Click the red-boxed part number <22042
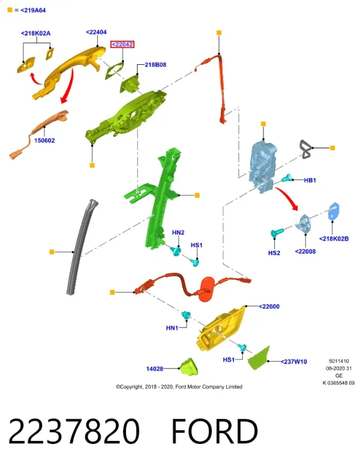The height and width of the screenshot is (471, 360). (122, 44)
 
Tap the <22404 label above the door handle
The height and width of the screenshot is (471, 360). (96, 32)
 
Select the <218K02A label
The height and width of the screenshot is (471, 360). (36, 34)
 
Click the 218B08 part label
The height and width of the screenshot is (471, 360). (155, 65)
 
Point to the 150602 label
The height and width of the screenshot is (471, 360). (44, 140)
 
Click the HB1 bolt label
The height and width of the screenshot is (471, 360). (310, 180)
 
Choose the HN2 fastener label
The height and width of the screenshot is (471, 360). (178, 232)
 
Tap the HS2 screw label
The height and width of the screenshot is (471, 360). (274, 253)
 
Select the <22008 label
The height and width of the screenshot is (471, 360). (305, 251)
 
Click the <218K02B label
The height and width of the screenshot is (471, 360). (334, 239)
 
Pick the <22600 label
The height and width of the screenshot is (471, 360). (269, 307)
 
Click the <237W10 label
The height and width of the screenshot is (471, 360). (293, 362)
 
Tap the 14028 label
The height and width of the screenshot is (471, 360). (154, 368)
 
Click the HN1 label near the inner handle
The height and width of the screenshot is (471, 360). (172, 328)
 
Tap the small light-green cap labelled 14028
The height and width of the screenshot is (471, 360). (188, 367)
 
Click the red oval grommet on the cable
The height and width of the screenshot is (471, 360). (208, 289)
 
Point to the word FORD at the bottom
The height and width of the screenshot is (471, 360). (215, 431)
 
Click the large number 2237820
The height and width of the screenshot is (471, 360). (74, 431)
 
